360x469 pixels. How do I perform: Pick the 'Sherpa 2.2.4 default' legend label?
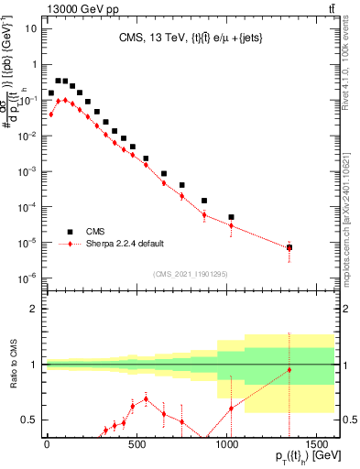point(125,245)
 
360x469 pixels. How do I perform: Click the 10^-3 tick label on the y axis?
point(27,171)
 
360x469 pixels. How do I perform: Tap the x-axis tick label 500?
point(136,444)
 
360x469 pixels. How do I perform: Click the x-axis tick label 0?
point(47,444)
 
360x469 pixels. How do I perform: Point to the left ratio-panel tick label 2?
point(34,309)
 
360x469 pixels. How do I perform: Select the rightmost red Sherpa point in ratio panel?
point(289,370)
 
